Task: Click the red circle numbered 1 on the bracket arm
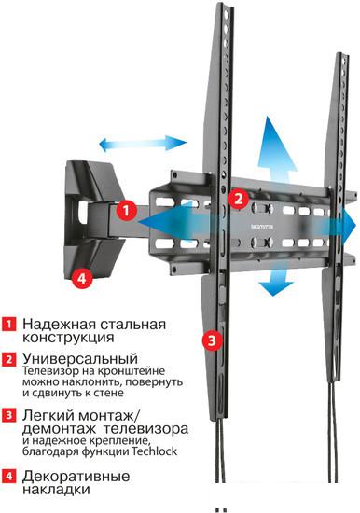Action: tap(127, 210)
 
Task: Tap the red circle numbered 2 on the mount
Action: tap(239, 199)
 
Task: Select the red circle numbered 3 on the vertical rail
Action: tap(213, 340)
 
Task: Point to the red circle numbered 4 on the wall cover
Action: tap(82, 279)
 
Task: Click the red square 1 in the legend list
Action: tap(8, 324)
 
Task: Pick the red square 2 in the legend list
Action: tap(8, 359)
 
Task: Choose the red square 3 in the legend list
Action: tap(8, 415)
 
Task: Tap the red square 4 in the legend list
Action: tap(8, 476)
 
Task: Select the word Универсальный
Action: tap(80, 359)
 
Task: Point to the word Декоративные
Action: tap(76, 477)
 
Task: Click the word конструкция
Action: tap(68, 338)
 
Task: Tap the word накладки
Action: tap(56, 490)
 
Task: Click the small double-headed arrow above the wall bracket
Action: tap(143, 144)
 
